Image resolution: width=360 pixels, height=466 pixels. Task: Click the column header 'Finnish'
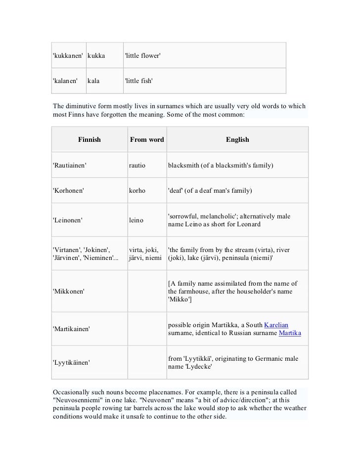pos(89,140)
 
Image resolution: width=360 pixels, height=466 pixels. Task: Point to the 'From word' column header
pos(147,140)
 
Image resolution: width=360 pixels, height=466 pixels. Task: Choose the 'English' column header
pos(237,140)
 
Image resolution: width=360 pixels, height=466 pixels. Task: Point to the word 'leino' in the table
pos(136,220)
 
